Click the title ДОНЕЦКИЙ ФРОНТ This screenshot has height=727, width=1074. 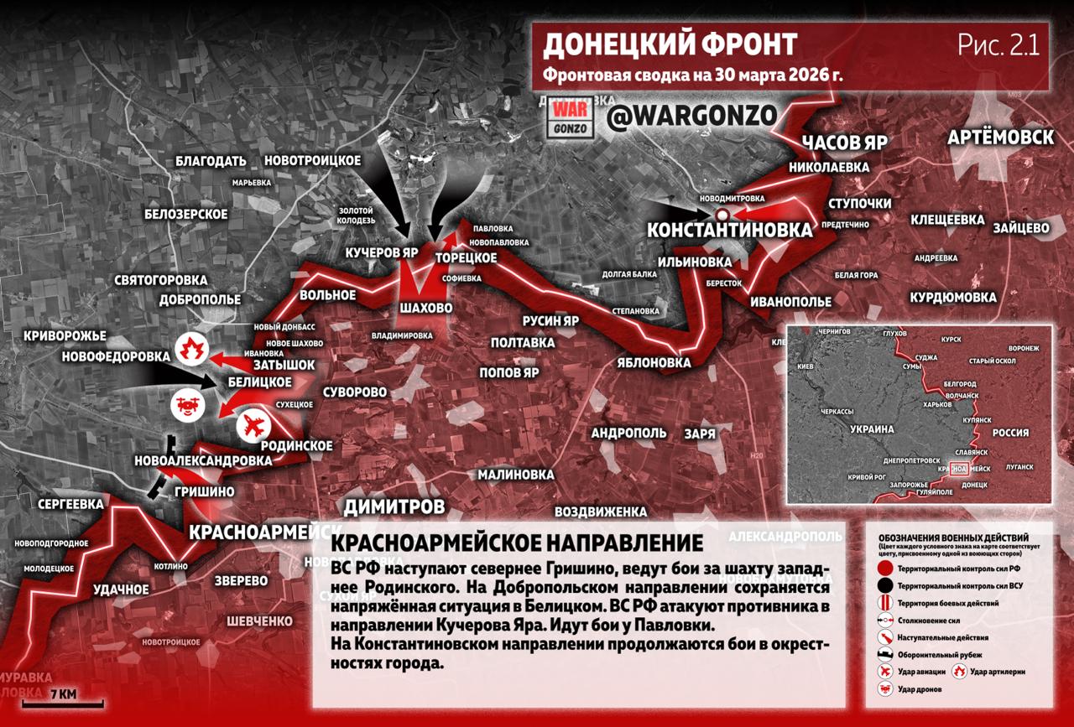tap(670, 44)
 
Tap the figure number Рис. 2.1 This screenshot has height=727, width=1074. tap(998, 45)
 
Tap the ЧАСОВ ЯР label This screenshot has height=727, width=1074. tap(845, 141)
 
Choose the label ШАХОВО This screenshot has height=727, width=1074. tap(426, 309)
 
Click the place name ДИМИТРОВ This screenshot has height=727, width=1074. tap(394, 506)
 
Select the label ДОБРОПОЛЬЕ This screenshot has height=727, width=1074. tap(200, 299)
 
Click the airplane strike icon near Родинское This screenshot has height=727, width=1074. tap(253, 427)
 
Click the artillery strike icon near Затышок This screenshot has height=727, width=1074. tap(192, 347)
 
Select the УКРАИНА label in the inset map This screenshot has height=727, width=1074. tap(873, 428)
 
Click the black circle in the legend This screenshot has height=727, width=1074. tap(884, 585)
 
